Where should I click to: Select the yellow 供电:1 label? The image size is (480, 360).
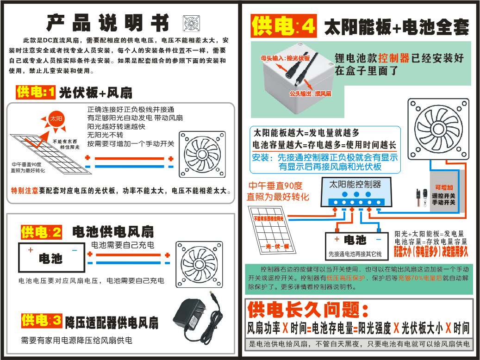(x=36, y=92)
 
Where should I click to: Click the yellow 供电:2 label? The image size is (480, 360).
(x=41, y=232)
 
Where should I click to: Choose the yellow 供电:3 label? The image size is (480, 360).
(x=41, y=320)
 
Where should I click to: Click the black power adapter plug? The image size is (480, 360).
(x=196, y=314)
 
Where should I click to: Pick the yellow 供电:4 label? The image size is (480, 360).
(x=283, y=26)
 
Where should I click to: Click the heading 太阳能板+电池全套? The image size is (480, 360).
(x=396, y=27)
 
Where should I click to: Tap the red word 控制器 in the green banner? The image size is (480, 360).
(x=393, y=58)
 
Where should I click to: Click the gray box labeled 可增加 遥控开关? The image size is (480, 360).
(x=445, y=193)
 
